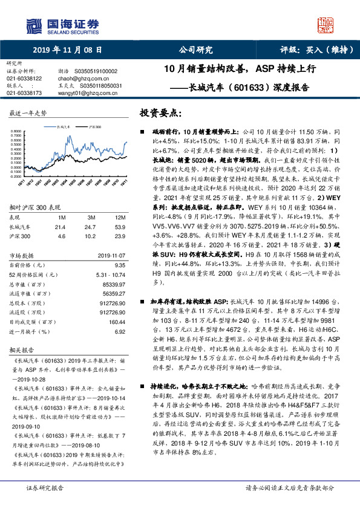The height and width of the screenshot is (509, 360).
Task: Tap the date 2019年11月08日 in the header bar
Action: [x=67, y=51]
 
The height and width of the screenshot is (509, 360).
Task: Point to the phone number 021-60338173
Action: [x=24, y=93]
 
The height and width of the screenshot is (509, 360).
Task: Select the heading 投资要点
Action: [x=162, y=112]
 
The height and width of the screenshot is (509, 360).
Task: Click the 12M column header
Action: [x=119, y=216]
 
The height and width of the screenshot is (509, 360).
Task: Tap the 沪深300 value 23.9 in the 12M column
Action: [x=119, y=236]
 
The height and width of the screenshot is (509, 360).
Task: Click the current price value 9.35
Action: [x=119, y=265]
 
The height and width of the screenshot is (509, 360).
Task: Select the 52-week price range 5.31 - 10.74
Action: [x=111, y=274]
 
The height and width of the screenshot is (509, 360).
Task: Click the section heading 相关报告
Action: [x=24, y=350]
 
